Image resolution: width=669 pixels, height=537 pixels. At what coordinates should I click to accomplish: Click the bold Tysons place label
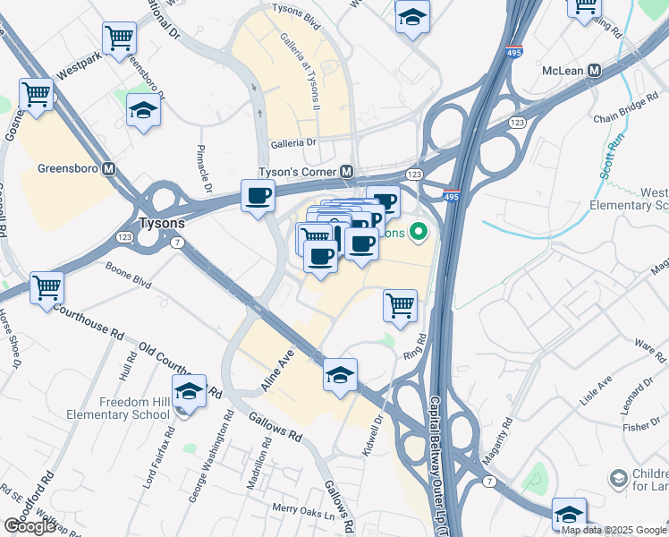pyautogui.click(x=162, y=223)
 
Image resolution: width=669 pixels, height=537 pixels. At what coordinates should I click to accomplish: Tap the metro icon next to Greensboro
pyautogui.click(x=110, y=168)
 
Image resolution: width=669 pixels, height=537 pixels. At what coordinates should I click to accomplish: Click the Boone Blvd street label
pyautogui.click(x=128, y=279)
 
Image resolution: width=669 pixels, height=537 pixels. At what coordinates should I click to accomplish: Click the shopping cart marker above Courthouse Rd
pyautogui.click(x=47, y=288)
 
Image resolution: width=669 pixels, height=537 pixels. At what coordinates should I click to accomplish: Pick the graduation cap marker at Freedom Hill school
pyautogui.click(x=188, y=391)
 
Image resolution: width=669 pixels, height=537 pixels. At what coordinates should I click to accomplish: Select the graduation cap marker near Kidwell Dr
pyautogui.click(x=340, y=375)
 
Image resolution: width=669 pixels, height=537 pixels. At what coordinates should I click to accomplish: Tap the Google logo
pyautogui.click(x=30, y=526)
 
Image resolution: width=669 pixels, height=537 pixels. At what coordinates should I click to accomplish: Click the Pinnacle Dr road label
pyautogui.click(x=205, y=168)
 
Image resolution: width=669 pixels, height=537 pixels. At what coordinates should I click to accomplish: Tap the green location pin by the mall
pyautogui.click(x=416, y=234)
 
